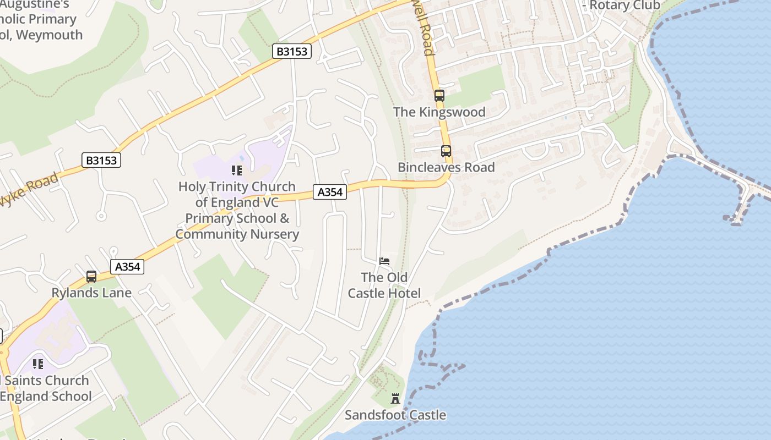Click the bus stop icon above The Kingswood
[439, 95]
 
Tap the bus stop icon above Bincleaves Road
[446, 151]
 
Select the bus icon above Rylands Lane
[91, 277]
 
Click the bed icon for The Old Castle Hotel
[384, 261]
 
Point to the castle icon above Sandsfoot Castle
[395, 399]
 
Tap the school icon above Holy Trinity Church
[237, 170]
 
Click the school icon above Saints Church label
[37, 364]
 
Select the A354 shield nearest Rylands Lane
[127, 267]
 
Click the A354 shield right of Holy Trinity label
[330, 192]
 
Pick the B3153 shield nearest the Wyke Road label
[101, 160]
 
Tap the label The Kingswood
[439, 112]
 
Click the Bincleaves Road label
[446, 167]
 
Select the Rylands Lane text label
[91, 293]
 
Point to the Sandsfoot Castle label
[395, 415]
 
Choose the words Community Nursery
[237, 234]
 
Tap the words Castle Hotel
[384, 293]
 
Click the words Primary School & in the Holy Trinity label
[237, 218]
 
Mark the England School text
[46, 396]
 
